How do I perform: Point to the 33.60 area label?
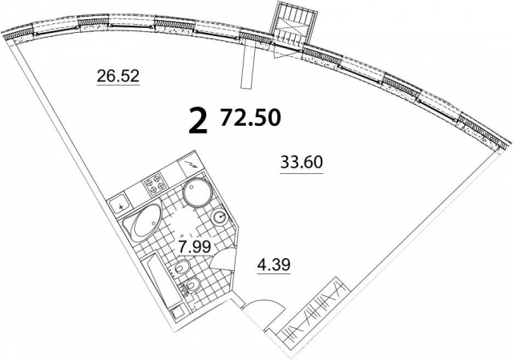301,162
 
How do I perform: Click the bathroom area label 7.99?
193,246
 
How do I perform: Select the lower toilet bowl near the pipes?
192,285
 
